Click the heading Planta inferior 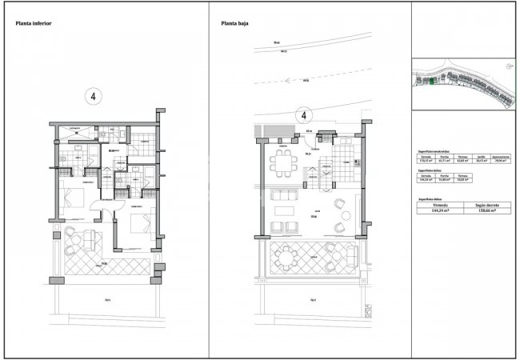[34, 24]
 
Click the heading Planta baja [236, 24]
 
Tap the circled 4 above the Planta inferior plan [94, 97]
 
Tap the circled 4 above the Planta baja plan [304, 116]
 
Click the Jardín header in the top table [482, 157]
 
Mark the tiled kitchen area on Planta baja [345, 152]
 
